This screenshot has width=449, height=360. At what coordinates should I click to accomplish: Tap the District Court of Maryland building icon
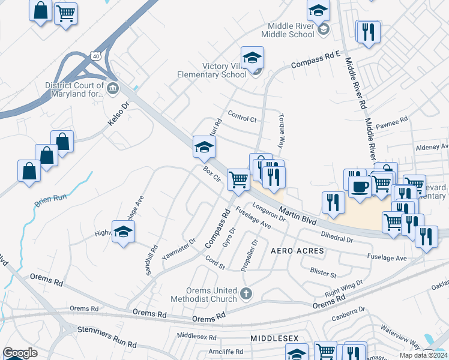[x=113, y=89]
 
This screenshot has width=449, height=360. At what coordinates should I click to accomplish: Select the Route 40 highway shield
[x=96, y=56]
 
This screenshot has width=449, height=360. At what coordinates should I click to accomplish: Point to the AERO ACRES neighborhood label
[x=297, y=250]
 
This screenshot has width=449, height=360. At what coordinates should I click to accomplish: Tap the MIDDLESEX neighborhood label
[x=274, y=339]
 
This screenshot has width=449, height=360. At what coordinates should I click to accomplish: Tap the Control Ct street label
[x=243, y=116]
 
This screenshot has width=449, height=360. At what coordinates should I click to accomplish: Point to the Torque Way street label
[x=280, y=131]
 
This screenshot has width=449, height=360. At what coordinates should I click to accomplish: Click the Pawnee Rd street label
[x=392, y=125]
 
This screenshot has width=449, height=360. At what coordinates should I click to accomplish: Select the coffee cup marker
[x=359, y=186]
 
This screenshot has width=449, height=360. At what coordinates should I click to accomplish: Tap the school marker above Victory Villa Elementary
[x=253, y=58]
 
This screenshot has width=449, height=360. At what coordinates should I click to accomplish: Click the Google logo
[x=20, y=353]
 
